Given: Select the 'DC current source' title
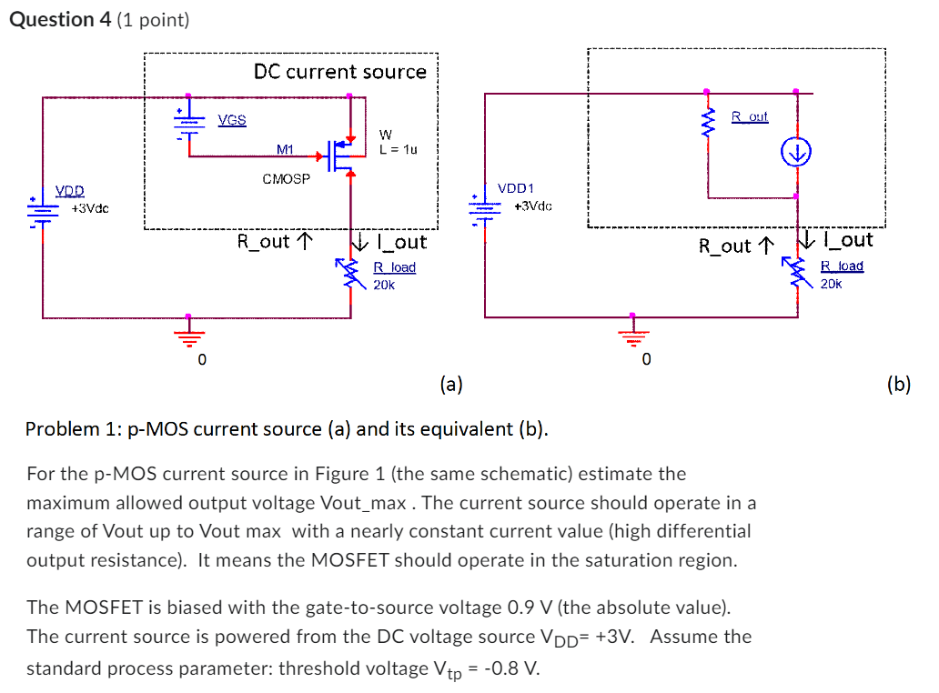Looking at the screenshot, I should (339, 72).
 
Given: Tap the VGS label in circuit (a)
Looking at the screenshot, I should (232, 120).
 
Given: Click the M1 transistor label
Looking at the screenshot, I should (286, 149).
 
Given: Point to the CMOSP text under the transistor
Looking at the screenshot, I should (286, 178).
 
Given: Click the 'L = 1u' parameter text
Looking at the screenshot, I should (398, 149).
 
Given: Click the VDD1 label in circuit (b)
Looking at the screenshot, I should (516, 188).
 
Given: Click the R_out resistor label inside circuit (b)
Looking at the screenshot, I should (750, 117).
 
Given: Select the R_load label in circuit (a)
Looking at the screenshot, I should (394, 267).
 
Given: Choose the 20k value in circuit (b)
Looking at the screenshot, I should (831, 284).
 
